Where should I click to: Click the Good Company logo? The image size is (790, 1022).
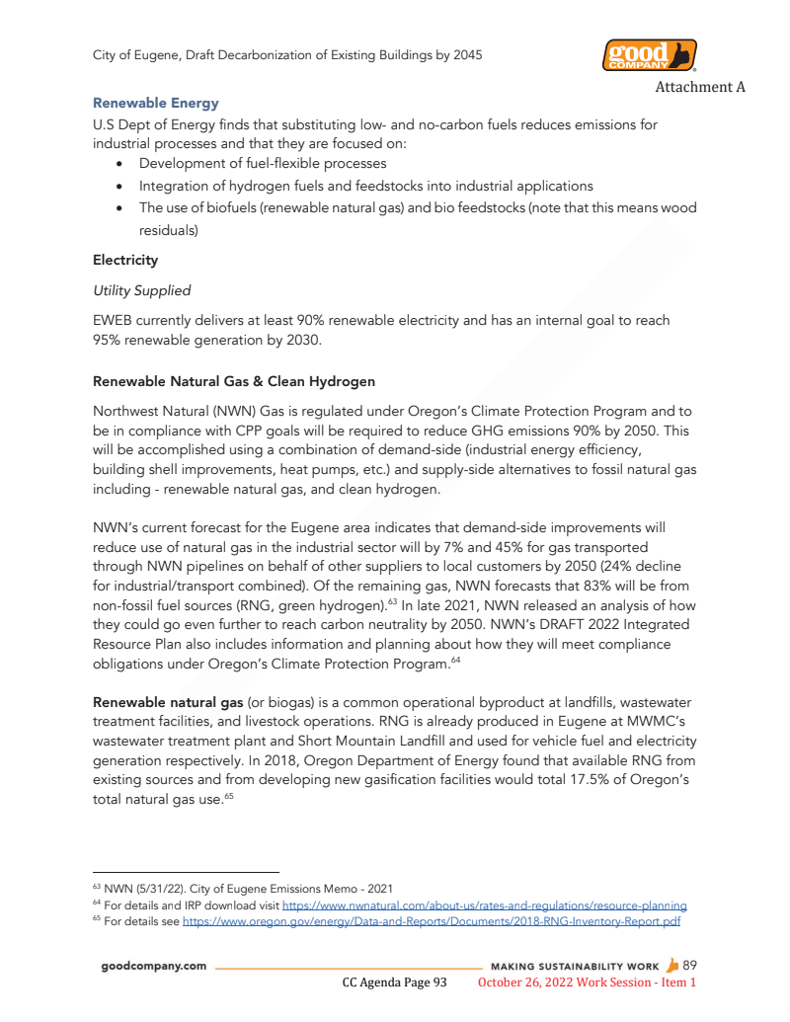(x=649, y=55)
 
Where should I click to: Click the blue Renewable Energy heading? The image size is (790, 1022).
(x=155, y=103)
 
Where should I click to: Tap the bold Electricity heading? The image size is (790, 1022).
(x=125, y=261)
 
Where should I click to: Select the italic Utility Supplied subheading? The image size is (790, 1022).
(x=141, y=290)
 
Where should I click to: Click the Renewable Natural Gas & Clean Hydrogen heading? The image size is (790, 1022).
(x=234, y=381)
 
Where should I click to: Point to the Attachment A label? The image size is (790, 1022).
(x=699, y=87)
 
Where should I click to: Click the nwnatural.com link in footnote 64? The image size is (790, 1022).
(x=484, y=904)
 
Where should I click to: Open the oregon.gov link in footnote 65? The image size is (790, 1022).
(x=432, y=921)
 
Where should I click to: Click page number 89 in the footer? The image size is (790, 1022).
(x=689, y=965)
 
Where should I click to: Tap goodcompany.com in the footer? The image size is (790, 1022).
(x=154, y=966)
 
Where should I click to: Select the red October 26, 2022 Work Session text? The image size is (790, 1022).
(x=587, y=983)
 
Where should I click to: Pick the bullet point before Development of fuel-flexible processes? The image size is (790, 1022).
(x=119, y=164)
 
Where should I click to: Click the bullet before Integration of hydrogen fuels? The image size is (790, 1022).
(x=119, y=186)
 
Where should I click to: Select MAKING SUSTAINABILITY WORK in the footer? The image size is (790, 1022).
(x=574, y=966)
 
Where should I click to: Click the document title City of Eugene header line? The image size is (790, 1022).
(x=287, y=55)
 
